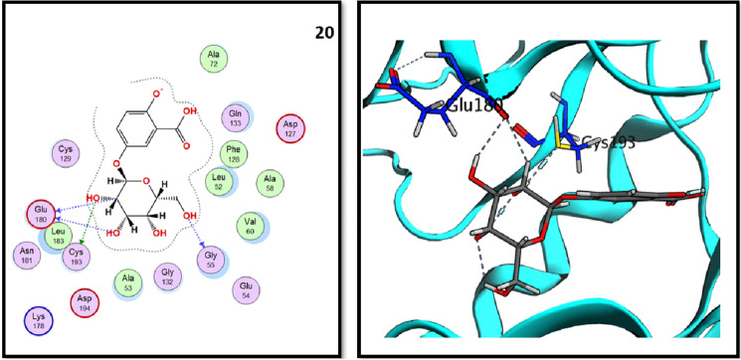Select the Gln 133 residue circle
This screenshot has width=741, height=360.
235,116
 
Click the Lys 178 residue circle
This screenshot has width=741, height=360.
38,320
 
